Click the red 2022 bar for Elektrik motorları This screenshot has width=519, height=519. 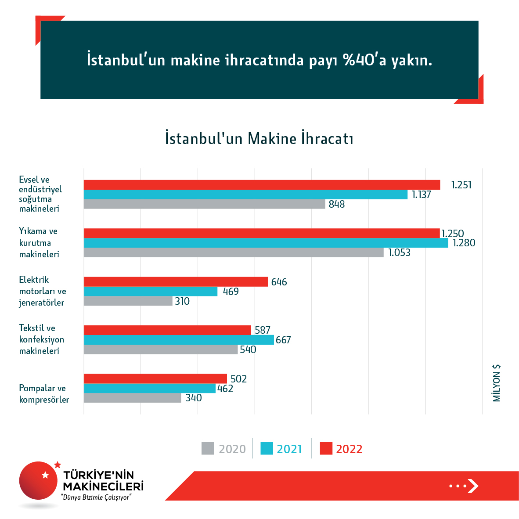pos(176,282)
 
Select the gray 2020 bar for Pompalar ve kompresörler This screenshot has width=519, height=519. pos(132,398)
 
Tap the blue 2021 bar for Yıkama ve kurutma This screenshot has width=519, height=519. pos(266,243)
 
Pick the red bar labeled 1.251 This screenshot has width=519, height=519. pos(262,185)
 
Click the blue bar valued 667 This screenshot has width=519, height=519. pos(179,340)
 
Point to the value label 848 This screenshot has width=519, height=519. pos(337,204)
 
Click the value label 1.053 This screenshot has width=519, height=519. pos(399,252)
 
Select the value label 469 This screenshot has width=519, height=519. pos(231,292)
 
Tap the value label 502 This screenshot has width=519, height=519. pos(238,378)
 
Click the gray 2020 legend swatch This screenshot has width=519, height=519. pos(208,448)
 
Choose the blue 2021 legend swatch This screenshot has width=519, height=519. pos(267,448)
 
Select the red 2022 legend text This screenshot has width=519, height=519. pos(349,449)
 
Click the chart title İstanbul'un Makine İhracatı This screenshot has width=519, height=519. pos(259,138)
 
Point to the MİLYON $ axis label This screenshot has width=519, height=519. pos(497,383)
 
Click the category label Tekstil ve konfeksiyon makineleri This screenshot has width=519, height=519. pos(41,339)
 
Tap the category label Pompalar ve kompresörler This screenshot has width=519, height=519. pos(44,394)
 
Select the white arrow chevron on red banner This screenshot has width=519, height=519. pos(472,486)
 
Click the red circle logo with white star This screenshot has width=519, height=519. pos(39,480)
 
